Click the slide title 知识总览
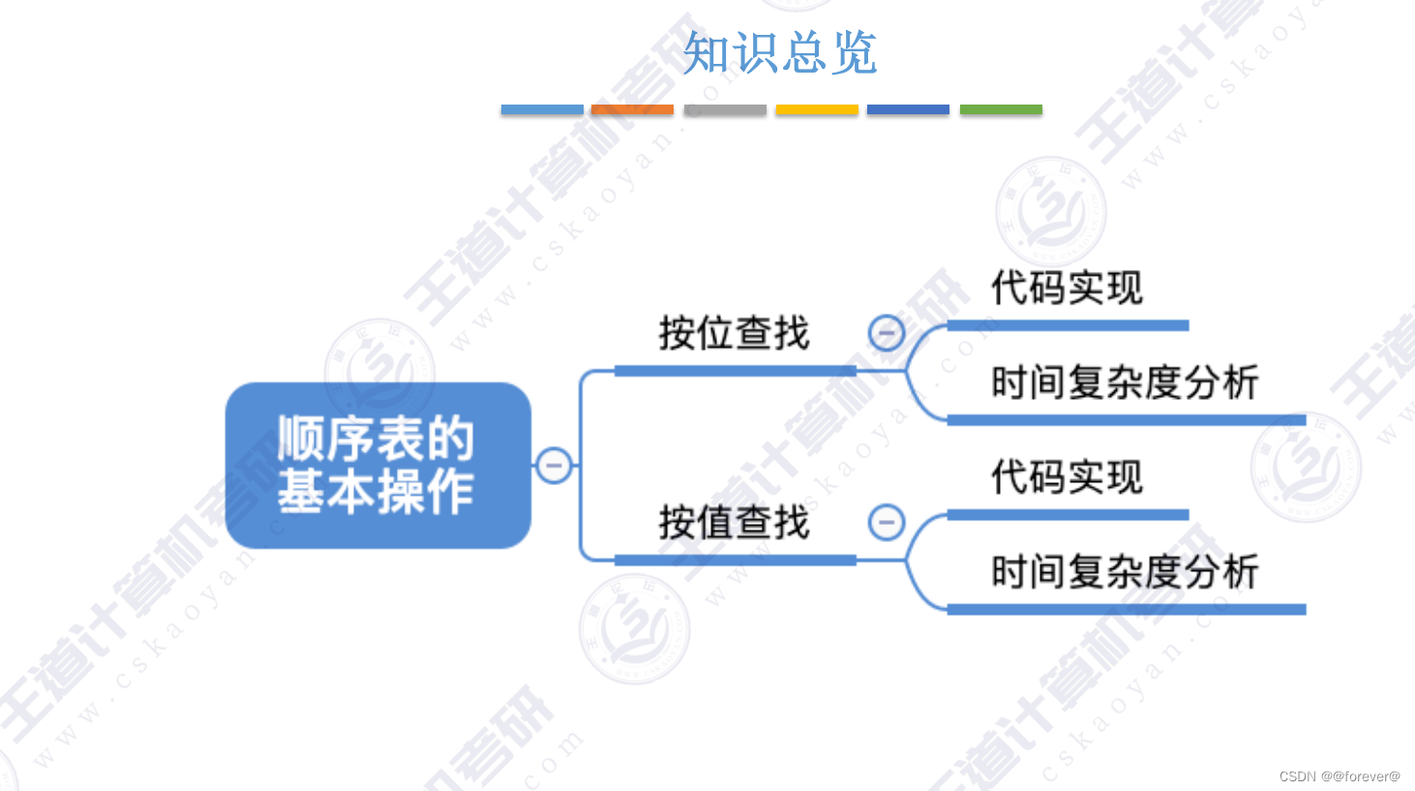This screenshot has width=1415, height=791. click(x=780, y=52)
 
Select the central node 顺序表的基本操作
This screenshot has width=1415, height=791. click(x=377, y=466)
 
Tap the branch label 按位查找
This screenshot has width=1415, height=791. click(x=734, y=333)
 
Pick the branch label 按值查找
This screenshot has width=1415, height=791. click(x=734, y=523)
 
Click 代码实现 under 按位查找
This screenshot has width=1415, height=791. click(x=1067, y=288)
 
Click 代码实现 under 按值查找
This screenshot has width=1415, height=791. click(x=1067, y=477)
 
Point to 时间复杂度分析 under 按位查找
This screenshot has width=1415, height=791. click(x=1125, y=382)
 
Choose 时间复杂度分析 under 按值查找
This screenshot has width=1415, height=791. click(x=1125, y=572)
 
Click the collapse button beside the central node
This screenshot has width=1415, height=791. click(x=554, y=466)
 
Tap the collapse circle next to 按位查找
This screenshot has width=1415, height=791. click(x=887, y=333)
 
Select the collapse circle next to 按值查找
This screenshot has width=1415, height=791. click(x=887, y=523)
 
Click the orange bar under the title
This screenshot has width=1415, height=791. click(x=632, y=109)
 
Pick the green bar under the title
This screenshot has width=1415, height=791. click(x=1001, y=109)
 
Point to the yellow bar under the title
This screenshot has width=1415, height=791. click(x=817, y=109)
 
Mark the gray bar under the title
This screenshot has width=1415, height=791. click(x=725, y=109)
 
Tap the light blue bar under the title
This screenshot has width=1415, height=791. click(x=542, y=109)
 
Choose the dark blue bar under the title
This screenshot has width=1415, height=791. click(x=908, y=109)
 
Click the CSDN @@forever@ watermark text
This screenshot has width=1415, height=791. click(x=1340, y=776)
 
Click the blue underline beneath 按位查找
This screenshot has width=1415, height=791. click(x=736, y=371)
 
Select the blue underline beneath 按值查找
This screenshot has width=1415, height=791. click(x=736, y=560)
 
